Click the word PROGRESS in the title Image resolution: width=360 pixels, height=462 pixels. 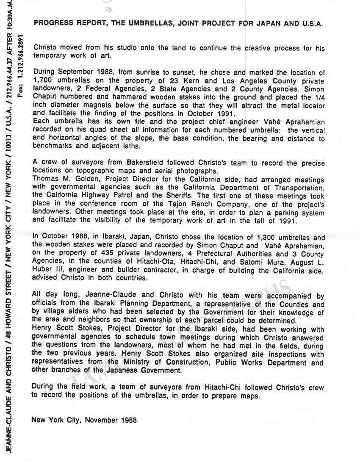point(50,24)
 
